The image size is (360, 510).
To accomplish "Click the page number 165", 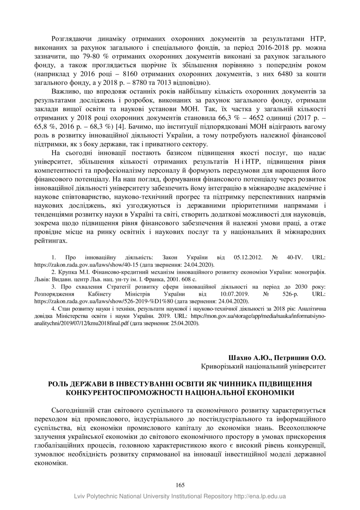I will (180, 485).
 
